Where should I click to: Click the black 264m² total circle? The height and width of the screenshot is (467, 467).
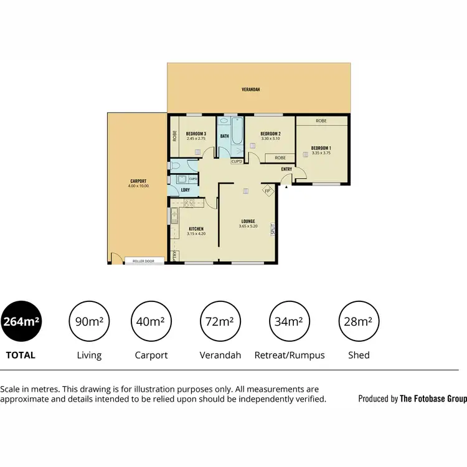pyautogui.click(x=22, y=322)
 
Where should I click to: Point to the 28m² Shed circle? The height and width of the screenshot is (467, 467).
pyautogui.click(x=358, y=322)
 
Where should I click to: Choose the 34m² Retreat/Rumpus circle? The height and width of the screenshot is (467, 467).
pyautogui.click(x=290, y=322)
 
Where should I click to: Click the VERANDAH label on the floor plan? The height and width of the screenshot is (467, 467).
pyautogui.click(x=251, y=90)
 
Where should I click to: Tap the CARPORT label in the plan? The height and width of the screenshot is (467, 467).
pyautogui.click(x=138, y=181)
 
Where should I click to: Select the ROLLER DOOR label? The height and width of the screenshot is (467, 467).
pyautogui.click(x=143, y=261)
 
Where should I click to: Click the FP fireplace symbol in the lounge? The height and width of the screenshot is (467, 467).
pyautogui.click(x=268, y=191)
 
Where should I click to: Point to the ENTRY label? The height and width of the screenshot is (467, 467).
pyautogui.click(x=286, y=169)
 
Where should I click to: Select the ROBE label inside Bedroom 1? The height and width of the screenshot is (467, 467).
pyautogui.click(x=321, y=121)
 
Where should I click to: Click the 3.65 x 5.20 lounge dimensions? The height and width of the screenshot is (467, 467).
pyautogui.click(x=248, y=226)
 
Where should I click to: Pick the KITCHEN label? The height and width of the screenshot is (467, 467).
pyautogui.click(x=196, y=229)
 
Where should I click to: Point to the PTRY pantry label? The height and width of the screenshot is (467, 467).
pyautogui.click(x=175, y=255)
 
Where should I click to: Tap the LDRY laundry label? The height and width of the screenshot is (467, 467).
pyautogui.click(x=185, y=190)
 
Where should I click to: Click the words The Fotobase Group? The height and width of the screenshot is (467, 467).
pyautogui.click(x=433, y=399)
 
